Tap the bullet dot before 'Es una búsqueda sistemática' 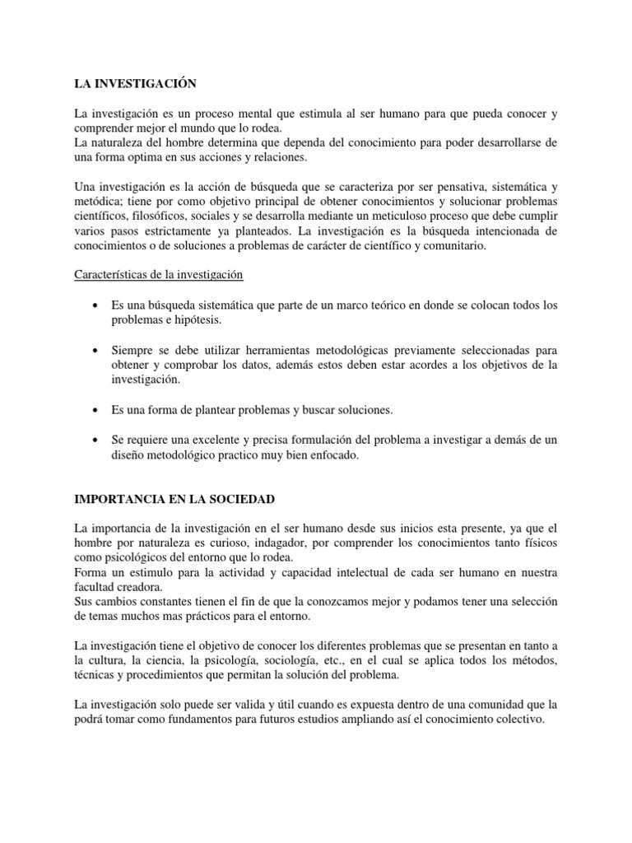click(99, 305)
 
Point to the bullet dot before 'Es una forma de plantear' click(99, 409)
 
